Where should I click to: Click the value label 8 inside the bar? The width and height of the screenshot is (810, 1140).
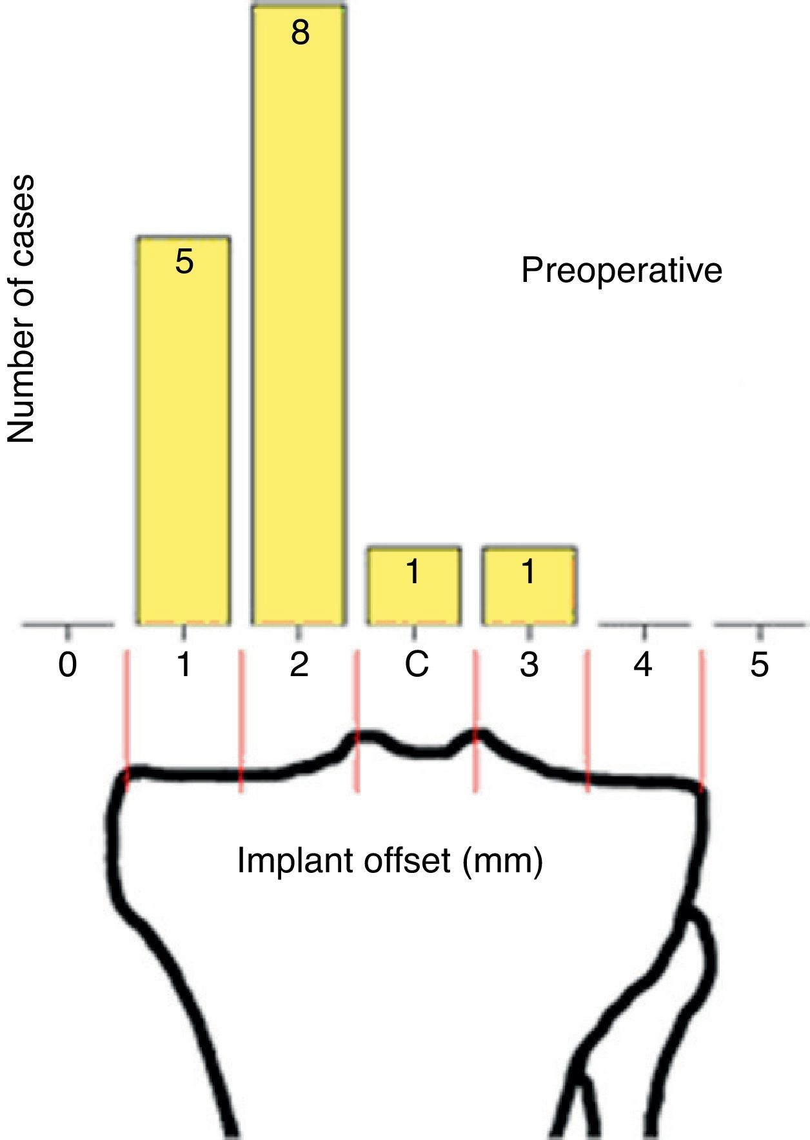click(x=300, y=33)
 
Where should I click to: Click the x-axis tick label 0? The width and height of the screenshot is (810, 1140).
click(x=68, y=665)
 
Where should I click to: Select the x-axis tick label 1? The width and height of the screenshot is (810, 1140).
click(x=184, y=665)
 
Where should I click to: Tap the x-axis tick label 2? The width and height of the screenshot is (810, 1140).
click(x=299, y=665)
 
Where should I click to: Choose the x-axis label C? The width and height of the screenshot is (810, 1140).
click(x=416, y=665)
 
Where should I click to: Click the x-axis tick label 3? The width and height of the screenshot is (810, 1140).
click(x=529, y=665)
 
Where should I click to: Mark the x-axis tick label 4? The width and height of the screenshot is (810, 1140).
click(x=643, y=665)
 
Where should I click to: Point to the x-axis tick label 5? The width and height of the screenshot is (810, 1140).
click(x=760, y=665)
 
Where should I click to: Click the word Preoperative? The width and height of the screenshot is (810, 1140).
click(x=622, y=270)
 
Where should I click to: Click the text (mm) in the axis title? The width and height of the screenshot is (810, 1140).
click(x=503, y=862)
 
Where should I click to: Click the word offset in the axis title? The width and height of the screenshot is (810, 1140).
click(x=406, y=861)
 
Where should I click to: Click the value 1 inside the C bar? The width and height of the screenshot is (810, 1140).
click(x=413, y=572)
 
